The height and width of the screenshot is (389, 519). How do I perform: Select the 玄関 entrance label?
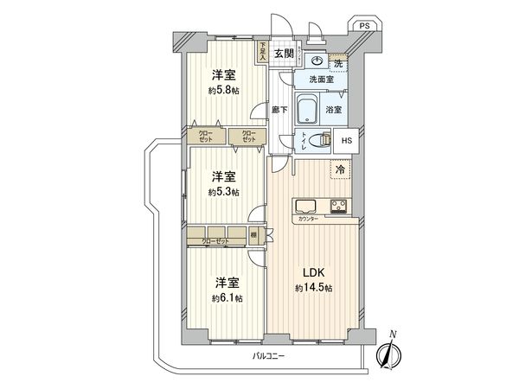[284, 53]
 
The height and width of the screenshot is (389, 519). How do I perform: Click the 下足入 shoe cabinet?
[262, 52]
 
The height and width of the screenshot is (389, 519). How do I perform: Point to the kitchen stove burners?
[339, 206]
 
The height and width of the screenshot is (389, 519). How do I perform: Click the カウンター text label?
[307, 220]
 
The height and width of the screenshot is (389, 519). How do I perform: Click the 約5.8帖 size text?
[224, 90]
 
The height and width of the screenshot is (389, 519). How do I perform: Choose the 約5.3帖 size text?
[224, 192]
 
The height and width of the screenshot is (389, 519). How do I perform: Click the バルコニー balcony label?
[270, 355]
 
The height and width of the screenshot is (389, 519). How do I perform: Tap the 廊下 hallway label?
[279, 110]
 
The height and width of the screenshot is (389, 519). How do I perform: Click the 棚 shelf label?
[253, 233]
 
